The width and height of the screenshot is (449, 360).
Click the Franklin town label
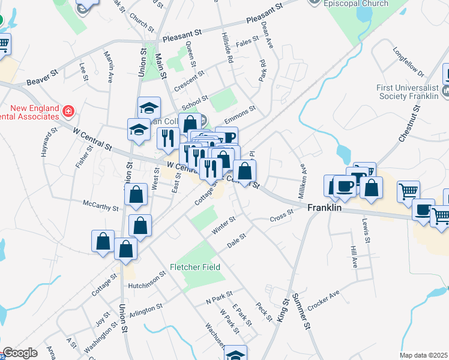point(324,208)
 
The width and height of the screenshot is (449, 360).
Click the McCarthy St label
point(100,207)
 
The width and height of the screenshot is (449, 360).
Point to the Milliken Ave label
point(304,181)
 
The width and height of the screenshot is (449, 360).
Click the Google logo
point(20,353)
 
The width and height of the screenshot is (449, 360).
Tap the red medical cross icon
point(68,111)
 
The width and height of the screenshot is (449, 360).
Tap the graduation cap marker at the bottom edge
point(235,355)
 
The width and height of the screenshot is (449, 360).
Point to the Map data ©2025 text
point(424,355)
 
